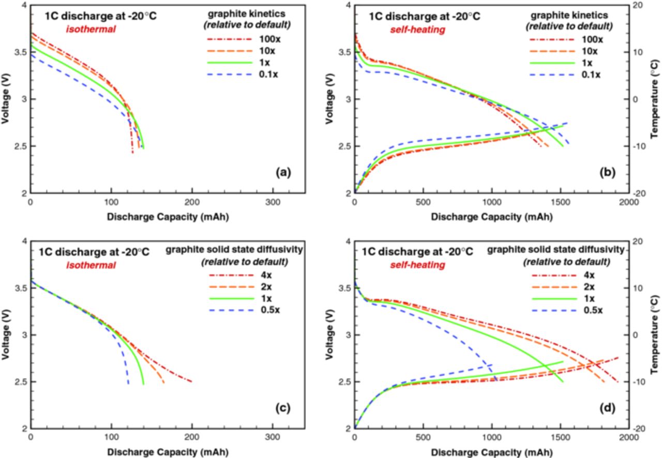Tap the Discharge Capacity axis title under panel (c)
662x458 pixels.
click(x=168, y=452)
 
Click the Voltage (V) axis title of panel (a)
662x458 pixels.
click(x=5, y=98)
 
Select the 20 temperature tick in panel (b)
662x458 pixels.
click(x=639, y=5)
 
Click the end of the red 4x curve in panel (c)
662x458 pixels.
click(x=191, y=382)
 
